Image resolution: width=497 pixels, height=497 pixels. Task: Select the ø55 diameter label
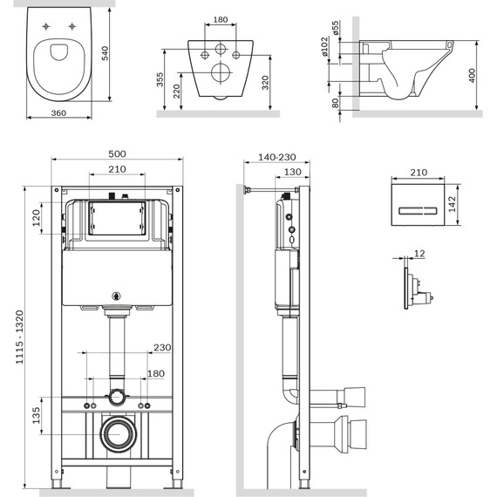pyautogui.click(x=335, y=31)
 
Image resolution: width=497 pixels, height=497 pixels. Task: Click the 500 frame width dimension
pyautogui.click(x=117, y=153)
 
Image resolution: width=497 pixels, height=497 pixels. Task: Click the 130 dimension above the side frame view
pyautogui.click(x=293, y=171)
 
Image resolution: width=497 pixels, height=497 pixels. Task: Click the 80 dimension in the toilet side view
pyautogui.click(x=336, y=101)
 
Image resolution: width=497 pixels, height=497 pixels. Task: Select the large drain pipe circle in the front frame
pyautogui.click(x=117, y=433)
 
